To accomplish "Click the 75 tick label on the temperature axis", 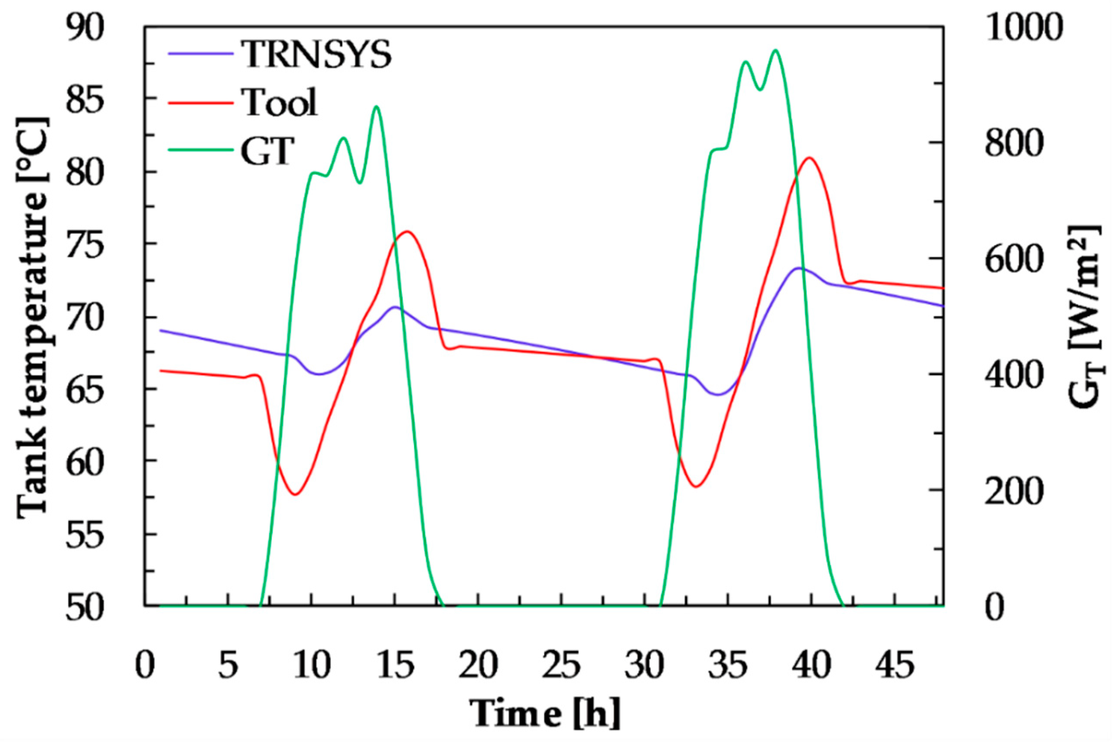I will click(85, 244).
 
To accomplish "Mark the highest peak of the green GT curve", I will click(775, 50).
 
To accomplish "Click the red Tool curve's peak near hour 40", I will click(810, 158).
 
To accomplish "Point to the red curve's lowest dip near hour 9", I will click(295, 495).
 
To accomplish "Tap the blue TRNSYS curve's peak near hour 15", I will click(394, 307).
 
